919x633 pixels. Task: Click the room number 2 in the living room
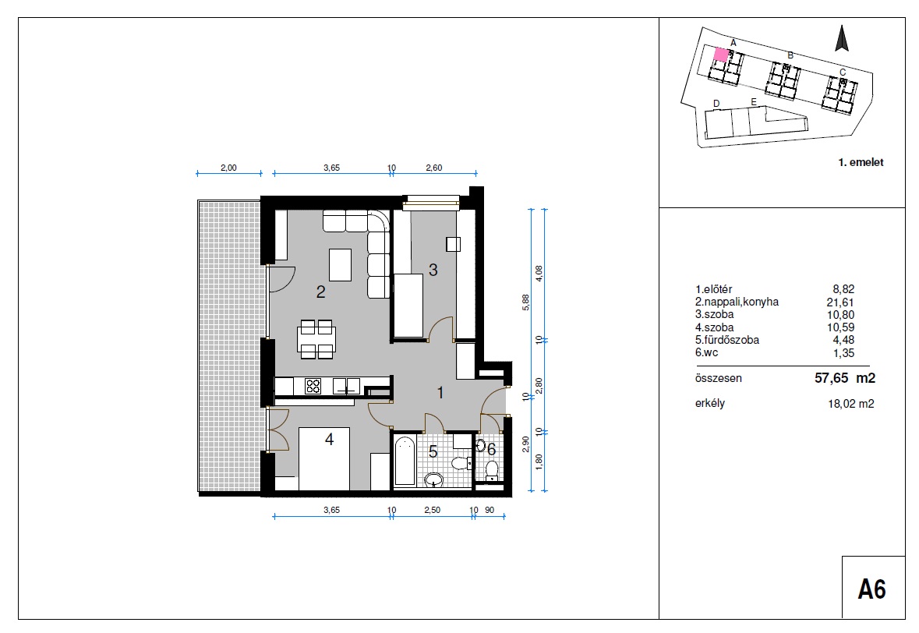click(x=320, y=292)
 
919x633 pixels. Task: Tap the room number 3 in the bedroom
click(x=433, y=270)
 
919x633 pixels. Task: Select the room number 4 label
click(x=330, y=439)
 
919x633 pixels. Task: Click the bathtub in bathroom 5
click(x=405, y=461)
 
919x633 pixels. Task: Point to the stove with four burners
click(x=313, y=386)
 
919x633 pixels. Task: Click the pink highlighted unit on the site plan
click(x=721, y=55)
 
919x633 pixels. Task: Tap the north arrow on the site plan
click(x=842, y=38)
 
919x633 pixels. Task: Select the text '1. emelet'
click(x=861, y=162)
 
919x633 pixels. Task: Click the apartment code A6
click(x=872, y=589)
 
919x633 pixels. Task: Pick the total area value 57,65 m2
click(x=845, y=378)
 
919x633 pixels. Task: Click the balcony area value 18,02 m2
click(x=850, y=403)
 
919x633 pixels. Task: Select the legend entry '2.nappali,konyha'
click(x=737, y=302)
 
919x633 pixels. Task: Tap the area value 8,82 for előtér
click(x=843, y=289)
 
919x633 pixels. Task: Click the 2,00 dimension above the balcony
click(x=228, y=168)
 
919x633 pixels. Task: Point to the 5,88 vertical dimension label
click(x=525, y=302)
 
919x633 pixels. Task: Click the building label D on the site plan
click(x=716, y=104)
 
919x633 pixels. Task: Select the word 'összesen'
click(x=719, y=378)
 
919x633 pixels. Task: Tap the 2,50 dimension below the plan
click(x=433, y=510)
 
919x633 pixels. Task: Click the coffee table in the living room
click(x=341, y=265)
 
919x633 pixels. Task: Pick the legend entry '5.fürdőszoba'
click(x=726, y=340)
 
